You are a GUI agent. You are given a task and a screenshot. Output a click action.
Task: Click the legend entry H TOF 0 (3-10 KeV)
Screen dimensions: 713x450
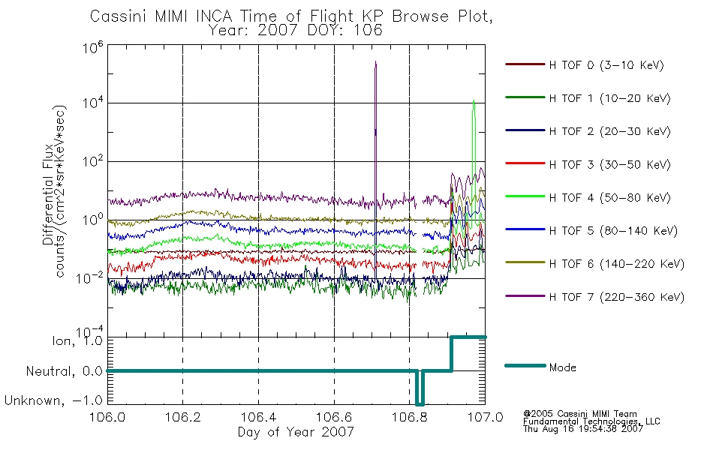tap(606, 65)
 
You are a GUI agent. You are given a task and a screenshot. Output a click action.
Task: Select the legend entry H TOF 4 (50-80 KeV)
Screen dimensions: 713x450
tap(609, 198)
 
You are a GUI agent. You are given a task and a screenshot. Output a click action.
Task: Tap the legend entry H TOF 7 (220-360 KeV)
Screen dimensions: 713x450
tap(617, 297)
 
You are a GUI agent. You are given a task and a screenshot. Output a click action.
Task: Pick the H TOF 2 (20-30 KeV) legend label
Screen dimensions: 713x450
tap(609, 131)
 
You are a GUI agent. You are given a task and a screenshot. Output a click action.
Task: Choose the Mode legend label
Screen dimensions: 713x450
tap(562, 367)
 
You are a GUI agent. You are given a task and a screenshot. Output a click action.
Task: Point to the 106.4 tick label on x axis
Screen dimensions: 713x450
tap(259, 417)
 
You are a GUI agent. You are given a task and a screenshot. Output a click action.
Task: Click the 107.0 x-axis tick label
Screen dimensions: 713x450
tap(486, 417)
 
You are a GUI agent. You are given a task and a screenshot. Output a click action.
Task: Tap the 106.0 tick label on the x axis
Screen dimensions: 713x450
tap(107, 417)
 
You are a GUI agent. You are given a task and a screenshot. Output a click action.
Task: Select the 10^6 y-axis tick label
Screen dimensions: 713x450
tap(93, 47)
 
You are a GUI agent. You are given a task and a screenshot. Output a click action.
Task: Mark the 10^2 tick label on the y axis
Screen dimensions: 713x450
tap(93, 161)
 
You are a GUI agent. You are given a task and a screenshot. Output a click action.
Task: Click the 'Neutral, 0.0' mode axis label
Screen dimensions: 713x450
tap(64, 372)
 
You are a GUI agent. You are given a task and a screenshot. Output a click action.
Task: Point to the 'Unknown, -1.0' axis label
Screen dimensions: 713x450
tap(53, 401)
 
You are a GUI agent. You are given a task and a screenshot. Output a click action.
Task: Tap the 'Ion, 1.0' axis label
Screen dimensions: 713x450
tap(77, 340)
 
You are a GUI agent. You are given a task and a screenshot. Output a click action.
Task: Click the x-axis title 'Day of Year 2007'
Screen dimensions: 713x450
tap(296, 432)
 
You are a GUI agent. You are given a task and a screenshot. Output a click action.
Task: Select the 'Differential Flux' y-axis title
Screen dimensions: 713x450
tap(48, 195)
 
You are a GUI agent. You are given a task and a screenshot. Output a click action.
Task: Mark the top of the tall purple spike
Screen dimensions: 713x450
tap(375, 61)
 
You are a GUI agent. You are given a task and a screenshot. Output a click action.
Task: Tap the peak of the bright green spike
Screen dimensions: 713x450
tap(474, 100)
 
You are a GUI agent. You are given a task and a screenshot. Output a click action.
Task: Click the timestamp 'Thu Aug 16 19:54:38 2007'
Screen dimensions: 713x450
tap(583, 429)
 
